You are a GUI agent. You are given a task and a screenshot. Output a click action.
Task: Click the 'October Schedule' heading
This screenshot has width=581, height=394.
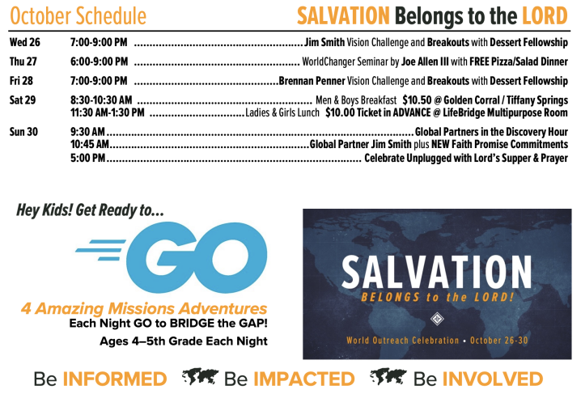click(x=78, y=16)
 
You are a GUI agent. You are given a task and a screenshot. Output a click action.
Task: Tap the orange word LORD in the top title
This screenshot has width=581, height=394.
click(x=545, y=16)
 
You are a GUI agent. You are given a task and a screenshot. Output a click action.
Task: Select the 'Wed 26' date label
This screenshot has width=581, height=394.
click(x=25, y=42)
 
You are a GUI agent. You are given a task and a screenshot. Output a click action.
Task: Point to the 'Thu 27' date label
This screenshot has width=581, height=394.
click(x=23, y=61)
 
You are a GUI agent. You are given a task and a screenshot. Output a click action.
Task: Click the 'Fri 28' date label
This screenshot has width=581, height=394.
click(x=21, y=81)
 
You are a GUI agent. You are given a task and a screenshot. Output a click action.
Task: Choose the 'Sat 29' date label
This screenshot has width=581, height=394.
click(x=23, y=100)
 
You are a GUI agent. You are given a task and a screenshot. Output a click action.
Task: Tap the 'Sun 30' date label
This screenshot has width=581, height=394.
click(x=23, y=132)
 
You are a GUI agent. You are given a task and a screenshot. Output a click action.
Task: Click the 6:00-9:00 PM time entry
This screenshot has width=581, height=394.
click(x=100, y=61)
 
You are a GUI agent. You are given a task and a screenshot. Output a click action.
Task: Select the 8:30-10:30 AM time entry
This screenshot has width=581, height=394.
click(x=101, y=100)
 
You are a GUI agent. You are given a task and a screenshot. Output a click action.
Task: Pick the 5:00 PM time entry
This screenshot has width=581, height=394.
click(x=88, y=158)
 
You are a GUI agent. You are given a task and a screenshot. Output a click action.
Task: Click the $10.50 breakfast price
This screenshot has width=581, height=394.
click(x=417, y=100)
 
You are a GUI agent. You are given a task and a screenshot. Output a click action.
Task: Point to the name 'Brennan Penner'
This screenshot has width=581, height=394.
click(x=312, y=81)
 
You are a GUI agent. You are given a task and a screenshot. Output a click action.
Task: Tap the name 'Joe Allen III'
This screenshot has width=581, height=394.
click(x=425, y=61)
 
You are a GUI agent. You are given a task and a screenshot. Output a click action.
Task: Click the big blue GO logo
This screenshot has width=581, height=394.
click(x=172, y=257)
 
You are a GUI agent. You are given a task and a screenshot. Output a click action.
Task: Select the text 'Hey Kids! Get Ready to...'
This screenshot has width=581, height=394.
click(x=90, y=210)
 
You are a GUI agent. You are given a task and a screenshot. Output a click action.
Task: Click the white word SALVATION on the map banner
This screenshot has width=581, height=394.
click(x=436, y=272)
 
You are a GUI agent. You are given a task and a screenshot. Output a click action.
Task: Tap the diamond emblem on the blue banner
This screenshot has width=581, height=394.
click(x=437, y=319)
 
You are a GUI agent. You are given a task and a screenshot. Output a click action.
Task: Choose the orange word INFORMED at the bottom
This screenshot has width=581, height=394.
click(x=115, y=379)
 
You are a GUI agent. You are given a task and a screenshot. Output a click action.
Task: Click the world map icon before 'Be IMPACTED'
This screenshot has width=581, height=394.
click(x=201, y=377)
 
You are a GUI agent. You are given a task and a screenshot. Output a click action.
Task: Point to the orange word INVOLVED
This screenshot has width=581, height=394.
click(x=493, y=379)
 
